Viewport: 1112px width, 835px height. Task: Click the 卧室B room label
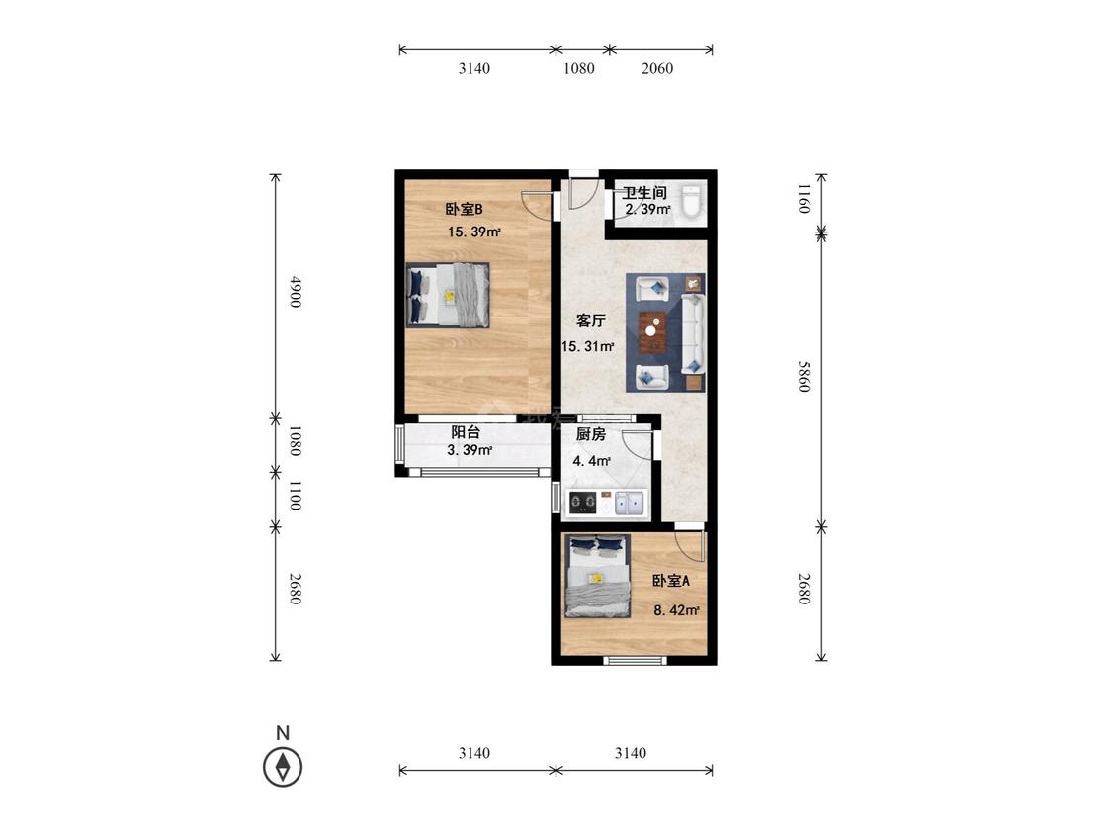tap(464, 209)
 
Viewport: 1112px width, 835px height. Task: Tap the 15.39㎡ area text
tap(474, 232)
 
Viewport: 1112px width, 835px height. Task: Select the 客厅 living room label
tap(591, 321)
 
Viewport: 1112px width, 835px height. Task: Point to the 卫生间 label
tap(644, 192)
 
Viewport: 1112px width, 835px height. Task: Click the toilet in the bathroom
tap(692, 200)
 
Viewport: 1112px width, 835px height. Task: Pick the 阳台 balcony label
tap(466, 432)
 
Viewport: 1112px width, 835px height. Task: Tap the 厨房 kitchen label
tap(591, 434)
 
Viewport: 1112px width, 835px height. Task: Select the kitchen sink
tap(629, 504)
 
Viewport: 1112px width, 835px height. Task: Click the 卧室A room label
tap(671, 581)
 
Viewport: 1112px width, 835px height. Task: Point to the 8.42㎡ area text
tap(676, 609)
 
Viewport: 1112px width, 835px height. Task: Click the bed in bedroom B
tap(448, 296)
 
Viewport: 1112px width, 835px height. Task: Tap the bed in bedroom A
tap(598, 576)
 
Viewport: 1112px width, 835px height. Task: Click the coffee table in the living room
tap(651, 331)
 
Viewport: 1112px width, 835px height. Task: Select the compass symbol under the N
tap(283, 767)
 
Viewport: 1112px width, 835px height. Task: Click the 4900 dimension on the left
tap(296, 291)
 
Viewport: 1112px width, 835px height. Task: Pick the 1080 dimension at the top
tap(578, 68)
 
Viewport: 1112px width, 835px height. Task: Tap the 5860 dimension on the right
tap(803, 376)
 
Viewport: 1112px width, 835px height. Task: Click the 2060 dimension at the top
tap(657, 68)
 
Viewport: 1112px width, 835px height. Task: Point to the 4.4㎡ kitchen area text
tap(592, 461)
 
